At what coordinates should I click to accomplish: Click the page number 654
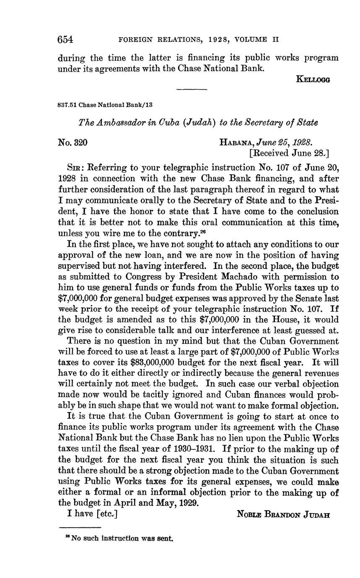[65, 40]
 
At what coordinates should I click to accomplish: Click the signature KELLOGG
[313, 79]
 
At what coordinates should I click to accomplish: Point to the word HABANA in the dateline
[236, 142]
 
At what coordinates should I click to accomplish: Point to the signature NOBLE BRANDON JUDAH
[283, 514]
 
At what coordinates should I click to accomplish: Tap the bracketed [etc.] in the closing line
[106, 513]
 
